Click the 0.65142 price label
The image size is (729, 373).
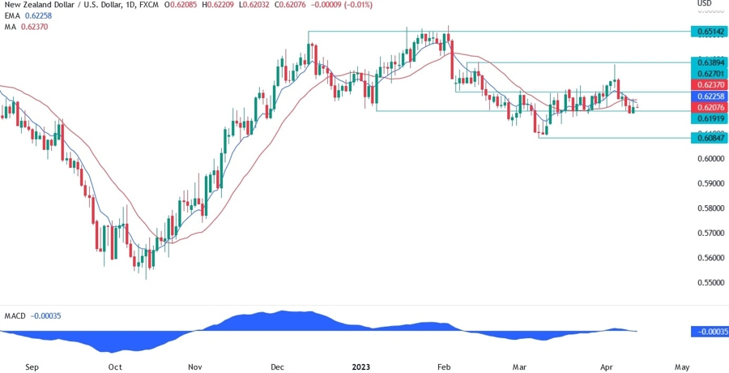tap(709, 32)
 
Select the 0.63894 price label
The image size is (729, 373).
tap(709, 62)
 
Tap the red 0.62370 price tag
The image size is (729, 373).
tap(709, 84)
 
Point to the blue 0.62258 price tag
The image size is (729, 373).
tap(709, 96)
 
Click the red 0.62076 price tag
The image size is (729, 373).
tap(709, 107)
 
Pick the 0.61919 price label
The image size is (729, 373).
tap(709, 118)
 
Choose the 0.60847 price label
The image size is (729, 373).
tap(709, 138)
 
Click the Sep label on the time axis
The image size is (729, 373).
tap(32, 367)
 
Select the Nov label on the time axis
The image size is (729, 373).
tap(194, 367)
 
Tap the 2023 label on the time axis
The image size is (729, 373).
tap(361, 367)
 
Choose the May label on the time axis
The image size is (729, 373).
tap(682, 367)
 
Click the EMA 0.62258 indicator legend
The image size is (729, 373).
tap(28, 16)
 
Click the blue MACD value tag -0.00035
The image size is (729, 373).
tap(710, 332)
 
